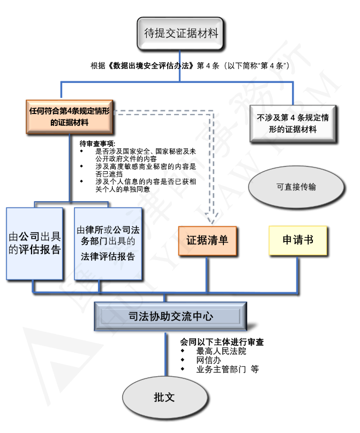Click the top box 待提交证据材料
click(181, 33)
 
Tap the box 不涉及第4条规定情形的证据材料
click(292, 123)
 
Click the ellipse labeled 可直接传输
click(296, 187)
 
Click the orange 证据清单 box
click(207, 240)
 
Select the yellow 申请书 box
click(298, 240)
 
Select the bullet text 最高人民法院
click(221, 351)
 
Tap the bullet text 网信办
click(209, 360)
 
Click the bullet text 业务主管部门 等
click(227, 369)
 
